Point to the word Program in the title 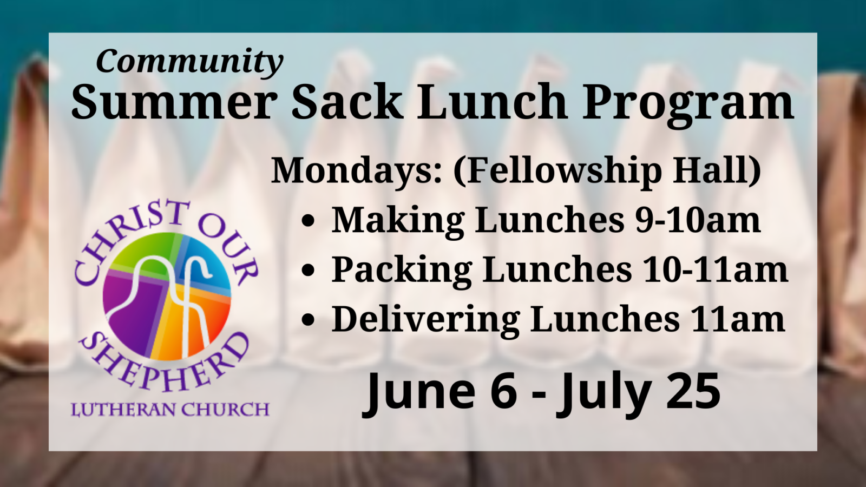[688, 105]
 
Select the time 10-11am [714, 269]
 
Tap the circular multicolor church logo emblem [167, 297]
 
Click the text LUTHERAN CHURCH [170, 409]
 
